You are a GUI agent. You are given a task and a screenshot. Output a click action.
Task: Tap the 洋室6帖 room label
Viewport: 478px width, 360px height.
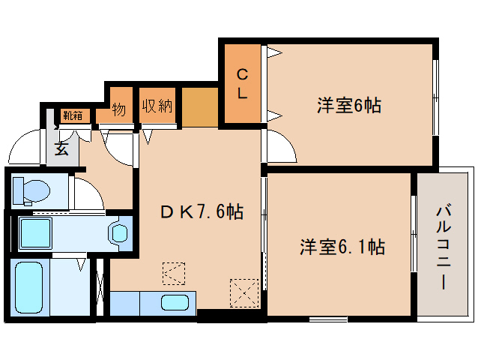[348, 106]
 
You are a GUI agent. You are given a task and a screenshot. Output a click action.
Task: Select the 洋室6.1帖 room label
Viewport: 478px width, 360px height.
[343, 247]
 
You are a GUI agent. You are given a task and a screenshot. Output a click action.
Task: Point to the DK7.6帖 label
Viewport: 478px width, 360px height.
[201, 212]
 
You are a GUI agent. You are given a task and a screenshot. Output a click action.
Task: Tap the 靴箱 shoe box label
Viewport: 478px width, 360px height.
[73, 115]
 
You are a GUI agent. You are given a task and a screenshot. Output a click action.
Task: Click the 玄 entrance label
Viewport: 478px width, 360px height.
[61, 148]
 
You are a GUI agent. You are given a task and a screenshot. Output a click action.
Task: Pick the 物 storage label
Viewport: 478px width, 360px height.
[119, 109]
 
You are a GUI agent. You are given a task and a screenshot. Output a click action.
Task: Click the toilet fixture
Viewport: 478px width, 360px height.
[31, 190]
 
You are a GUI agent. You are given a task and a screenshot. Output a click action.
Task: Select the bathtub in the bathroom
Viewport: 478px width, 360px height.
[29, 289]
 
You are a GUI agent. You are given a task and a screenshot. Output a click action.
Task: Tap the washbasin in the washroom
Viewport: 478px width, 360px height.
[119, 232]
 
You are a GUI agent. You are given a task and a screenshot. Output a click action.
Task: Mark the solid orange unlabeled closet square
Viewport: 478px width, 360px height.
[200, 106]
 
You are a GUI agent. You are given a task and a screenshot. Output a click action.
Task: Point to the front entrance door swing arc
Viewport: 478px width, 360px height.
[26, 148]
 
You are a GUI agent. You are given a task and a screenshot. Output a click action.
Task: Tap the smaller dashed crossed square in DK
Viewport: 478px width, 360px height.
[173, 273]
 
